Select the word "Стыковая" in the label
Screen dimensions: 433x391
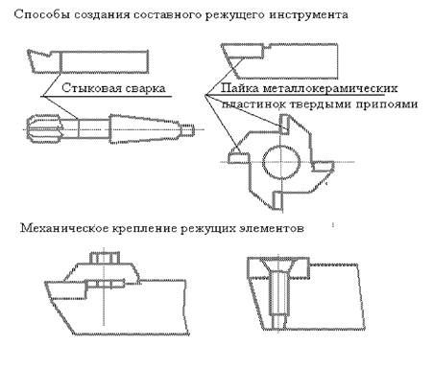(x=89, y=88)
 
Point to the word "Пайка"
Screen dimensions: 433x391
(x=240, y=88)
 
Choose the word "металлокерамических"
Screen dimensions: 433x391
(x=330, y=88)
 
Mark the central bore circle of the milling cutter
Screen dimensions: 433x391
(x=281, y=162)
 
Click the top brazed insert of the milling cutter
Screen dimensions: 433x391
(x=284, y=125)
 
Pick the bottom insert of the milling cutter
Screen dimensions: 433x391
(x=277, y=200)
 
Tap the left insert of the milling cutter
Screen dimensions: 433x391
(x=239, y=158)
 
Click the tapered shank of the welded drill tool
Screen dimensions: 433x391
(x=143, y=128)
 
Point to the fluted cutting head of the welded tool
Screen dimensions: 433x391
(x=43, y=128)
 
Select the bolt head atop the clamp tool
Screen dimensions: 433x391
(x=105, y=258)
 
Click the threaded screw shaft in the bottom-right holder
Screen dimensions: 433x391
(x=279, y=299)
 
